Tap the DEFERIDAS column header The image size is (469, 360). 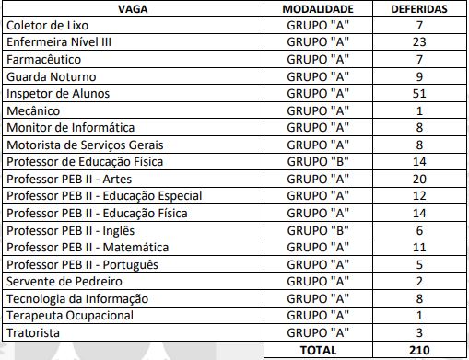coord(418,8)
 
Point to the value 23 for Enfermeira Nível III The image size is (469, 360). coord(418,42)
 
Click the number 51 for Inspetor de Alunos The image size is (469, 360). coord(418,94)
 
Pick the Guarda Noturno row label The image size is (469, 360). coord(52,76)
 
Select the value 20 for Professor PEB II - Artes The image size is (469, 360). coord(418,179)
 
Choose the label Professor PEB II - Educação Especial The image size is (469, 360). coord(103,196)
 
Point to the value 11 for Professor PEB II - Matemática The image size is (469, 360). coord(418,248)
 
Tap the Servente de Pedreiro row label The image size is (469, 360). coord(61,282)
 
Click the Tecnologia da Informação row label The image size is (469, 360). coord(76,298)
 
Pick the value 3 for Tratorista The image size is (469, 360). coord(418,332)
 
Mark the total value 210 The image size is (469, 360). coord(418,350)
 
